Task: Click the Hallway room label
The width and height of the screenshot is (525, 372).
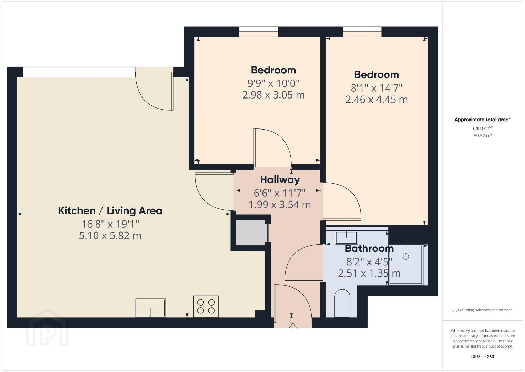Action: [280, 180]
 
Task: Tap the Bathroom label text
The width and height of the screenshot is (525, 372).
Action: [369, 249]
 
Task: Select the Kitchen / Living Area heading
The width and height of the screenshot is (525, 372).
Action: [110, 211]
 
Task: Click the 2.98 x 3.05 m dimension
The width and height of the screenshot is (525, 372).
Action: [274, 95]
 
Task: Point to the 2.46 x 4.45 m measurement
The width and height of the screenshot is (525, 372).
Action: [377, 100]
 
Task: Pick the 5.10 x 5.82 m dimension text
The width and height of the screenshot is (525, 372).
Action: [110, 236]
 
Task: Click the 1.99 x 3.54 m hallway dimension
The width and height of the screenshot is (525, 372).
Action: [280, 205]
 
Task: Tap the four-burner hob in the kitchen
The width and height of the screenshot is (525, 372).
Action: [206, 306]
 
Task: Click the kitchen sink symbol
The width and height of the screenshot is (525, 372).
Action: [151, 308]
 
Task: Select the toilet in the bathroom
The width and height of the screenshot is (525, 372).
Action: [342, 303]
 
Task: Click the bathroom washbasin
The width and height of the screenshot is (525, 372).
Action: [346, 238]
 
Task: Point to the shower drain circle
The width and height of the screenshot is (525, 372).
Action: [406, 257]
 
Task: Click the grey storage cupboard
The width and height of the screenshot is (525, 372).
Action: [250, 233]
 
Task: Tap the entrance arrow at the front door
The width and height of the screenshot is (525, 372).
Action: [293, 328]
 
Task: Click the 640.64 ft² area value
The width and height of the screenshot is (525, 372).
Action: [483, 128]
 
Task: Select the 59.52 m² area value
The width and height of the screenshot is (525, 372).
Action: [483, 136]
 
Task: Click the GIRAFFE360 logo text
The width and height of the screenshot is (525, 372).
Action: [483, 356]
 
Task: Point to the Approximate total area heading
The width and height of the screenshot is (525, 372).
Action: [483, 120]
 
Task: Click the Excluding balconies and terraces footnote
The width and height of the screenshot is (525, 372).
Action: [482, 310]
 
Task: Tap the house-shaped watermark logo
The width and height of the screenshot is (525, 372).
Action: [47, 328]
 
